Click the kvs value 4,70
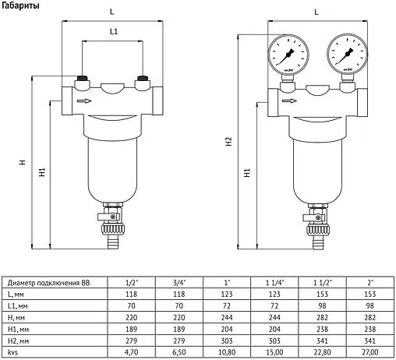pos(132,353)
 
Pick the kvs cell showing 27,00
pos(370,353)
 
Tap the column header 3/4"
pos(179,282)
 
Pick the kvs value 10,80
pos(227,353)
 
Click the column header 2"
pos(370,282)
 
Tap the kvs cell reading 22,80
pos(323,353)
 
